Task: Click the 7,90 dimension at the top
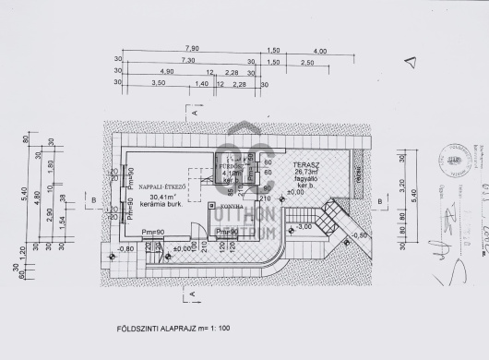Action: [x=192, y=48]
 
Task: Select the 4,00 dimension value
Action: [x=319, y=50]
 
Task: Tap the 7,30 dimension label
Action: [x=187, y=60]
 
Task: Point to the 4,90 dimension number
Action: [x=166, y=71]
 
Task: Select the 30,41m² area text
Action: [x=162, y=196]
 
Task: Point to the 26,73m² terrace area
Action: [x=304, y=171]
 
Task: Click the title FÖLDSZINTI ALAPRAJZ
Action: [x=164, y=328]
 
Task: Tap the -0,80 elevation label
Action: [x=126, y=247]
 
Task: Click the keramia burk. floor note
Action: [x=162, y=204]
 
